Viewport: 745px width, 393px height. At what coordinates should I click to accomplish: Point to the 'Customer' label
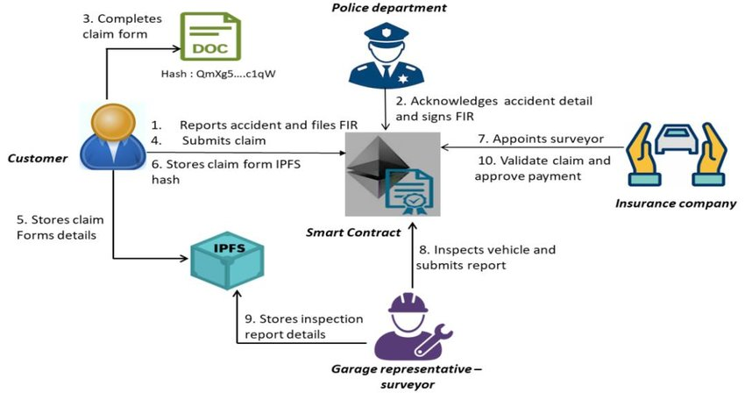(x=38, y=158)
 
